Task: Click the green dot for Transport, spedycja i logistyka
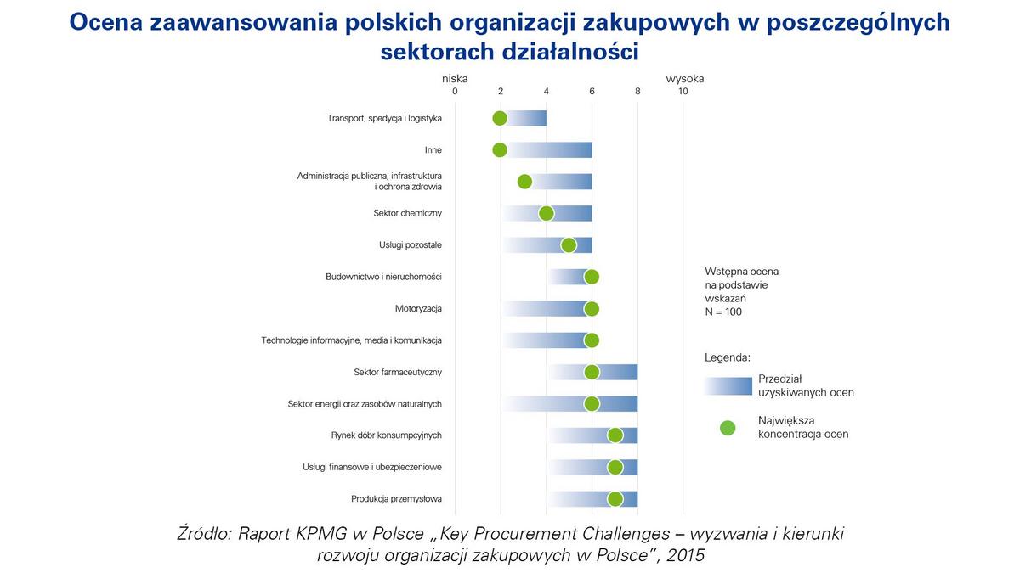point(500,118)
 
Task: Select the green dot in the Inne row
point(500,150)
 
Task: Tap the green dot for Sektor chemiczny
point(546,213)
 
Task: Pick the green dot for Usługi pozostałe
point(569,245)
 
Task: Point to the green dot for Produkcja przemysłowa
point(615,499)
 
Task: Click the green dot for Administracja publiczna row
point(524,182)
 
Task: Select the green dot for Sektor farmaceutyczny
point(592,372)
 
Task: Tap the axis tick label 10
point(683,91)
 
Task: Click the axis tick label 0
point(455,91)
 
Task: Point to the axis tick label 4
point(546,91)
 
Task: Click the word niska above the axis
point(455,79)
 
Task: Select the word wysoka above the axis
point(684,79)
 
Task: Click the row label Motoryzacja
point(418,308)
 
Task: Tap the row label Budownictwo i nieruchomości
point(383,277)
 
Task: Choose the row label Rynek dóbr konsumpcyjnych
point(386,435)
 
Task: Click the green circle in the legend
point(728,428)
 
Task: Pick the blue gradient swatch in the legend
point(728,385)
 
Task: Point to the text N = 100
point(723,312)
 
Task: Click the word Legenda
point(728,357)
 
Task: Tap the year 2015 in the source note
point(685,555)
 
